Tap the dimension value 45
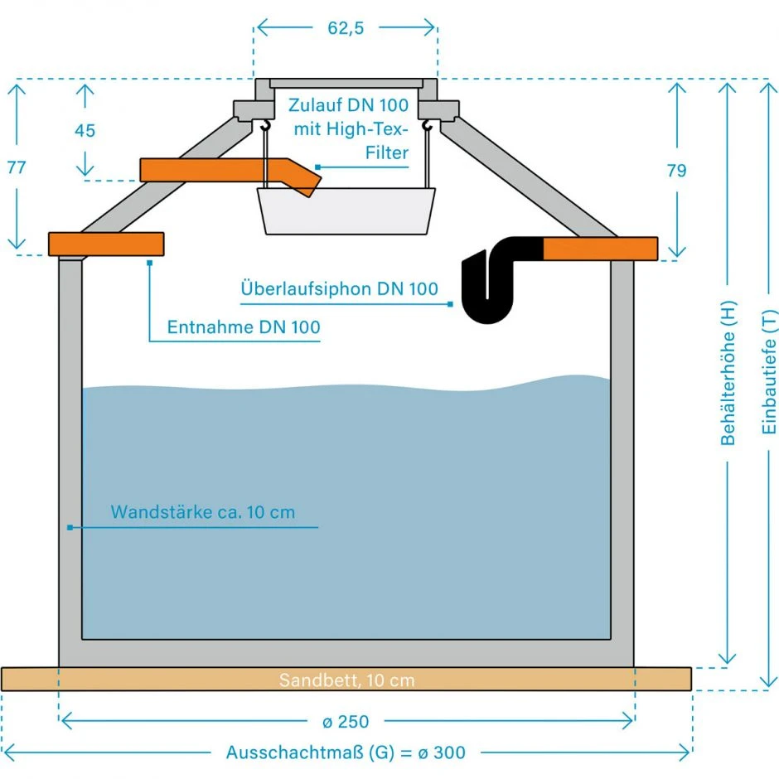85,131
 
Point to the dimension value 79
676,171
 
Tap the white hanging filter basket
346,210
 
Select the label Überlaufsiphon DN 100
339,289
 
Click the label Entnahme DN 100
244,327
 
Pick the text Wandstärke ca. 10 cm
203,511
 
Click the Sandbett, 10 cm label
346,680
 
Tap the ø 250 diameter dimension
346,721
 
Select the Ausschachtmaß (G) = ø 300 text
346,752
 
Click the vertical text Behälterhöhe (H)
728,372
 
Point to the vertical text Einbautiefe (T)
768,372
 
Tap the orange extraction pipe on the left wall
106,244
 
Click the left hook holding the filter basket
265,126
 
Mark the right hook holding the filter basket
427,126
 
